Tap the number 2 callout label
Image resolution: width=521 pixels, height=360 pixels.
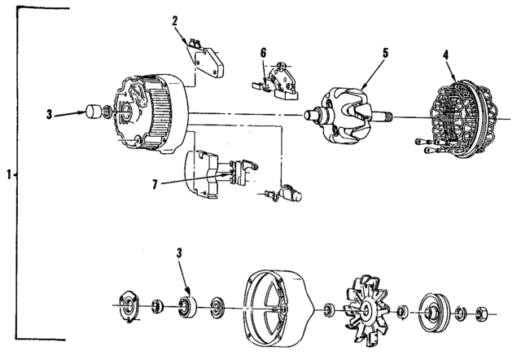[175, 19]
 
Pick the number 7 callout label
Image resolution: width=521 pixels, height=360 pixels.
[154, 185]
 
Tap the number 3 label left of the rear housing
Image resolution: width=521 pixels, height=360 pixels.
[49, 113]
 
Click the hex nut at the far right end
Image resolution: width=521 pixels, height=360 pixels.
[480, 312]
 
